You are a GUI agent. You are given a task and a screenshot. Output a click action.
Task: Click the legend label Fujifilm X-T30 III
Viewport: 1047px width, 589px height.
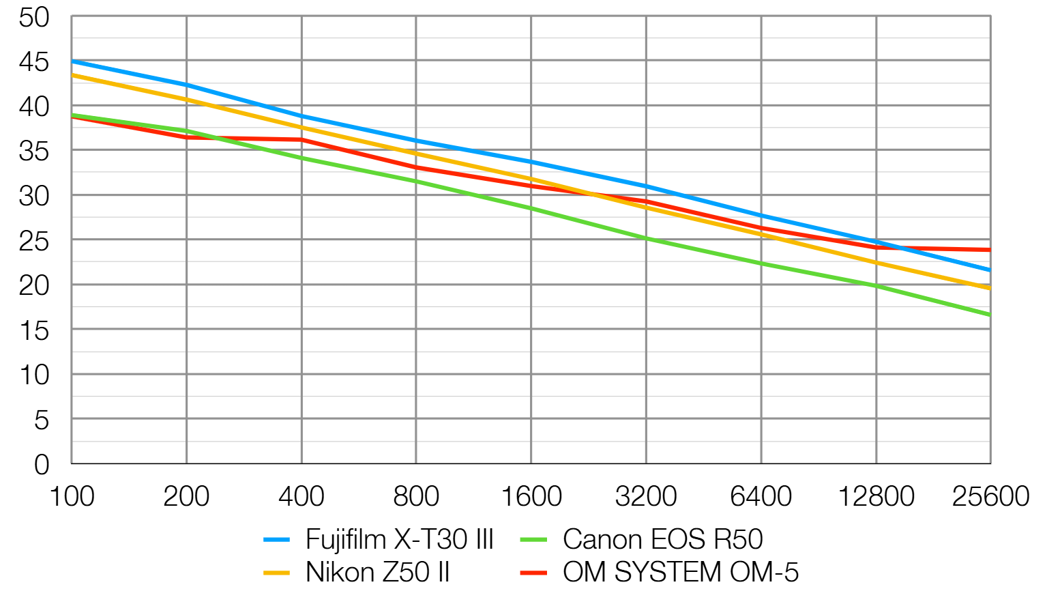click(x=399, y=539)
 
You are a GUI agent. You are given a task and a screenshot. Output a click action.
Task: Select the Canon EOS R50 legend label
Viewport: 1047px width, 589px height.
click(x=662, y=539)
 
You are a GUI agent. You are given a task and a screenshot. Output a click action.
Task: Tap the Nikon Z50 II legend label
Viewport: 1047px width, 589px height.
click(x=378, y=572)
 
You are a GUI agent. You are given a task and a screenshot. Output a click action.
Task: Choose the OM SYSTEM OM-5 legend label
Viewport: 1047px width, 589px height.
click(x=680, y=572)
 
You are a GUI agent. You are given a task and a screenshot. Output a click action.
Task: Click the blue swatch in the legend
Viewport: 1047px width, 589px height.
click(x=277, y=540)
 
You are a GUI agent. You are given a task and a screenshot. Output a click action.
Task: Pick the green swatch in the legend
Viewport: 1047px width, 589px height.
click(x=533, y=540)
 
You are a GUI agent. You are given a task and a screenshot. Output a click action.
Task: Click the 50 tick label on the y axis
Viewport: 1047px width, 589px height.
click(x=34, y=18)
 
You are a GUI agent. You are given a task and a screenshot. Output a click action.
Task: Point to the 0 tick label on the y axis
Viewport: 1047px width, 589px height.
click(x=42, y=465)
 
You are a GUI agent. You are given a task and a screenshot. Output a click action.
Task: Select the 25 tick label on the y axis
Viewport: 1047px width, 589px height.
click(x=34, y=241)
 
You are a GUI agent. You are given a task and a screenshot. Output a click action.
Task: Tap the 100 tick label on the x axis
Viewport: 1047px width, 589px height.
click(x=72, y=496)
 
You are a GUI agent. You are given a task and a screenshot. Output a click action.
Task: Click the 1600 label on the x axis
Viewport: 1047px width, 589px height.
click(x=531, y=496)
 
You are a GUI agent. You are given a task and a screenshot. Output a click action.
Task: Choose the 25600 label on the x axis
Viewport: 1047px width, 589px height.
click(x=990, y=496)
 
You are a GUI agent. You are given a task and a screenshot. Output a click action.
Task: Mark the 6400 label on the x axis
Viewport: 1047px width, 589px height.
click(x=761, y=496)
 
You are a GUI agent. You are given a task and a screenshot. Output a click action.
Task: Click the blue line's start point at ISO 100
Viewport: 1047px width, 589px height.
click(x=72, y=61)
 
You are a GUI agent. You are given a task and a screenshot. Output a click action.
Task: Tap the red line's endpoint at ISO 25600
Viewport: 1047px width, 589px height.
click(x=990, y=250)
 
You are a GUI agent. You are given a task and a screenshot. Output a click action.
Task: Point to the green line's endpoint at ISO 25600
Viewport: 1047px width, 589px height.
click(x=990, y=315)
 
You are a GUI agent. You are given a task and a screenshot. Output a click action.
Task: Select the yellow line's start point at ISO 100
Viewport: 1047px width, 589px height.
click(x=72, y=74)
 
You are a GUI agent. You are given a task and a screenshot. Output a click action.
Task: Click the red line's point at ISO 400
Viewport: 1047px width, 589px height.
click(x=301, y=140)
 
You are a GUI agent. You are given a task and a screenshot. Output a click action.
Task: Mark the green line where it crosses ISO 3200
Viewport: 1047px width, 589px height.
click(x=647, y=239)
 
